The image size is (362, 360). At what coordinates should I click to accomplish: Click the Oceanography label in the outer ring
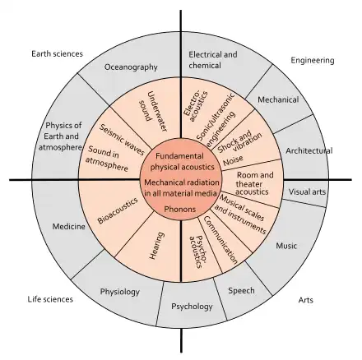130,69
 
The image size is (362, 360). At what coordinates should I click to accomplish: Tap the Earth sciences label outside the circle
57,53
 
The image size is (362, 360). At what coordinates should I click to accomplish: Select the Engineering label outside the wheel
313,60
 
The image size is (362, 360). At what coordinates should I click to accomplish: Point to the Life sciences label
50,299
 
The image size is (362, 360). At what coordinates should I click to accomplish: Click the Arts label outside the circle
305,299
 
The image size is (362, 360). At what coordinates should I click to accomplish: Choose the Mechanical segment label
278,99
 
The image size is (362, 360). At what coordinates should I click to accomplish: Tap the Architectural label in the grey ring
308,150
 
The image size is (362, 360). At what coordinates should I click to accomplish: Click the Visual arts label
309,192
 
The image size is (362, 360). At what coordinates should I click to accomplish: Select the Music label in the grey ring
286,245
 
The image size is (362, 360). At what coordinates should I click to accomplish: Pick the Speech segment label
241,290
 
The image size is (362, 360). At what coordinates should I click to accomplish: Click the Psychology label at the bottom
193,307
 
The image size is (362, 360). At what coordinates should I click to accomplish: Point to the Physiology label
120,291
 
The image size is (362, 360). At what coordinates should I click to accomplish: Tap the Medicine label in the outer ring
69,226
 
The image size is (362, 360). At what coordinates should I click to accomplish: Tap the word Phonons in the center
180,209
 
